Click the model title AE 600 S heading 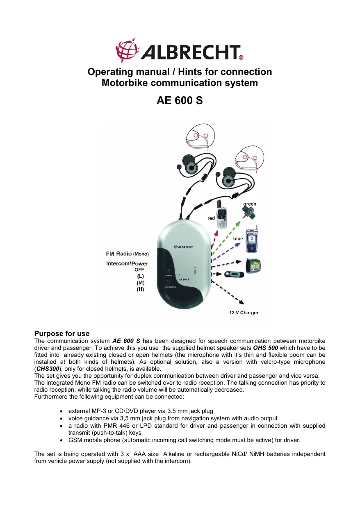pyautogui.click(x=180, y=100)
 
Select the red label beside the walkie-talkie pyautogui.click(x=211, y=218)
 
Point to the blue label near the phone pyautogui.click(x=238, y=238)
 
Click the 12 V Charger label pyautogui.click(x=244, y=313)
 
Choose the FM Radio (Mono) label pyautogui.click(x=127, y=254)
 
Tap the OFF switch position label pyautogui.click(x=139, y=270)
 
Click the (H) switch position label pyautogui.click(x=140, y=289)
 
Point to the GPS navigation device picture pyautogui.click(x=255, y=266)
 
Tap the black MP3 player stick pyautogui.click(x=234, y=274)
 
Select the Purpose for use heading pyautogui.click(x=62, y=333)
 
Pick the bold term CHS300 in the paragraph pyautogui.click(x=48, y=368)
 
